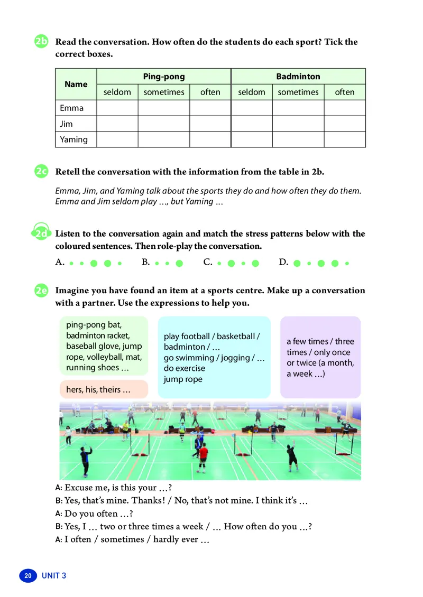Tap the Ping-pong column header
click(164, 77)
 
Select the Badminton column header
click(298, 77)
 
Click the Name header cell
click(76, 84)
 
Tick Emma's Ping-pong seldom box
click(117, 108)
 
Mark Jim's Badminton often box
click(345, 124)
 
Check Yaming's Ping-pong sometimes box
click(164, 139)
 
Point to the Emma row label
click(72, 108)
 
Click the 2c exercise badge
click(42, 172)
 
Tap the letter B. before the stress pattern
click(146, 262)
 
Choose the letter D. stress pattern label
click(283, 262)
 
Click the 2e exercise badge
click(42, 291)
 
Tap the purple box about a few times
click(320, 357)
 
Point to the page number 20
click(28, 575)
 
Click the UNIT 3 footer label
click(54, 575)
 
